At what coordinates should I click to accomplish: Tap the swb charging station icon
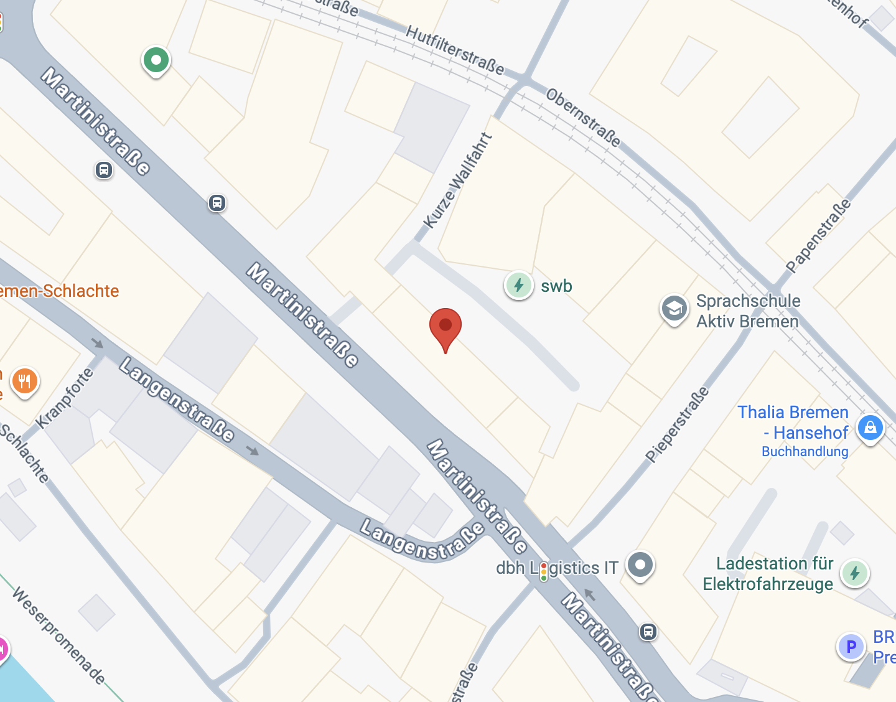point(518,286)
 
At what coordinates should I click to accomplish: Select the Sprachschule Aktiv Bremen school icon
point(674,309)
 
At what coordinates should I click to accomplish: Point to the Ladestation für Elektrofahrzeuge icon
point(854,573)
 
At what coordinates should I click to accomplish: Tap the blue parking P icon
point(851,647)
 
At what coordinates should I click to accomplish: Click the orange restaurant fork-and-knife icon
point(25,381)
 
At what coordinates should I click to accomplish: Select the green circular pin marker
point(156,61)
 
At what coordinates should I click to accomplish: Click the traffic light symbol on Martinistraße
point(544,571)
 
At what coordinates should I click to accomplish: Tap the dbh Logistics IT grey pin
point(640,565)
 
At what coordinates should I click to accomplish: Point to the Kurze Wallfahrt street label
point(457,180)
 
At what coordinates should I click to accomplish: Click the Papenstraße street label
point(818,236)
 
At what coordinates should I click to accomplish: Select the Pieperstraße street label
point(677,424)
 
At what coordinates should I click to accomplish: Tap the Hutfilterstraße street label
point(454,50)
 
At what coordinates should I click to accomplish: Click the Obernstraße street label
point(583,117)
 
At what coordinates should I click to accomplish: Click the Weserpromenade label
point(59,635)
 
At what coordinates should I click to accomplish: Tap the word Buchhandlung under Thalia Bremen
point(805,452)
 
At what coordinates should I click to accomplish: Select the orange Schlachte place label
point(60,291)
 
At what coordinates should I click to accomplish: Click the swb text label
point(556,286)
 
